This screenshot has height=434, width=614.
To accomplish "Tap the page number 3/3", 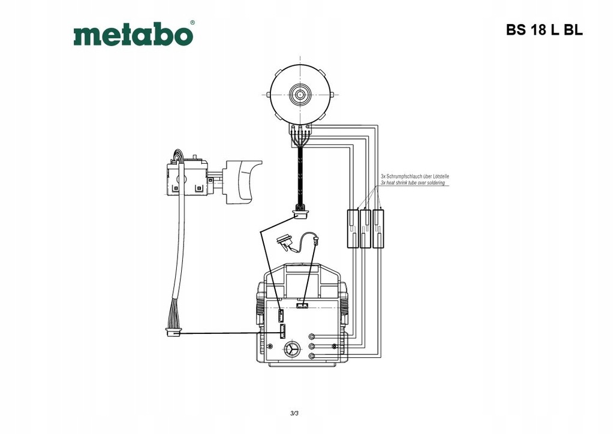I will coord(294,413).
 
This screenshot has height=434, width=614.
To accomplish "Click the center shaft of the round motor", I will coord(299,94).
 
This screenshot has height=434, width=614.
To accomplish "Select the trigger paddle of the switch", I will coord(243,179).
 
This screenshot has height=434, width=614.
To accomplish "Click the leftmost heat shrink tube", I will coord(352,228).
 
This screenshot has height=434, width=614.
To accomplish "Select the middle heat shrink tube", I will coord(365,228).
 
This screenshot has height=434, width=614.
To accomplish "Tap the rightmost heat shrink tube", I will coord(379,228).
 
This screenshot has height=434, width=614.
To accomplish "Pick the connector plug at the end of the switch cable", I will coord(173,332).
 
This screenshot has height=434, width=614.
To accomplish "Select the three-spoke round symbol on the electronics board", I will coord(292,350).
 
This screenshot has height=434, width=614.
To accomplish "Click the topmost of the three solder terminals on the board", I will coord(312,336).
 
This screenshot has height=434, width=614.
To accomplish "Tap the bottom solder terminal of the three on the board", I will coord(312,357).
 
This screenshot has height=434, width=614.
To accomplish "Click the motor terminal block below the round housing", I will coord(299,128).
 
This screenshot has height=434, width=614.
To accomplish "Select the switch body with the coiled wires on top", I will coord(186,177).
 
